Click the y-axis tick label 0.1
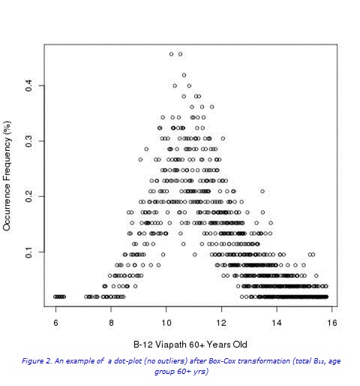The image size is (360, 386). pyautogui.click(x=28, y=252)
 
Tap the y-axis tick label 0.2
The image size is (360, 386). pyautogui.click(x=28, y=196)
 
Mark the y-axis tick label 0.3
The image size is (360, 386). pyautogui.click(x=28, y=141)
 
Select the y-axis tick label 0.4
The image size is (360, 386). pyautogui.click(x=28, y=86)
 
